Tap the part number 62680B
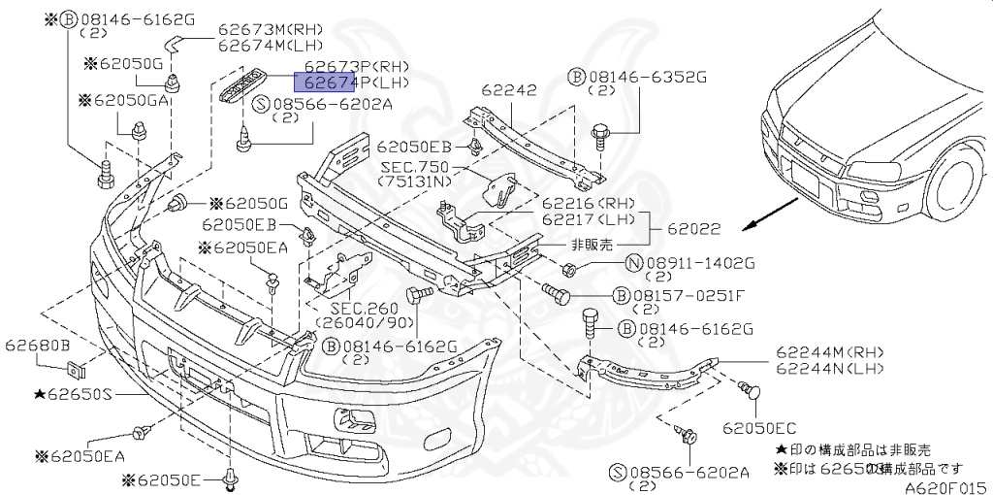[36, 345]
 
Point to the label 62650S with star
[73, 395]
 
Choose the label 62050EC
[758, 426]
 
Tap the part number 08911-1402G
[699, 262]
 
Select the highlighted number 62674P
[329, 83]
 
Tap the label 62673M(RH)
[271, 29]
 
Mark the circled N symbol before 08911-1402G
[633, 262]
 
